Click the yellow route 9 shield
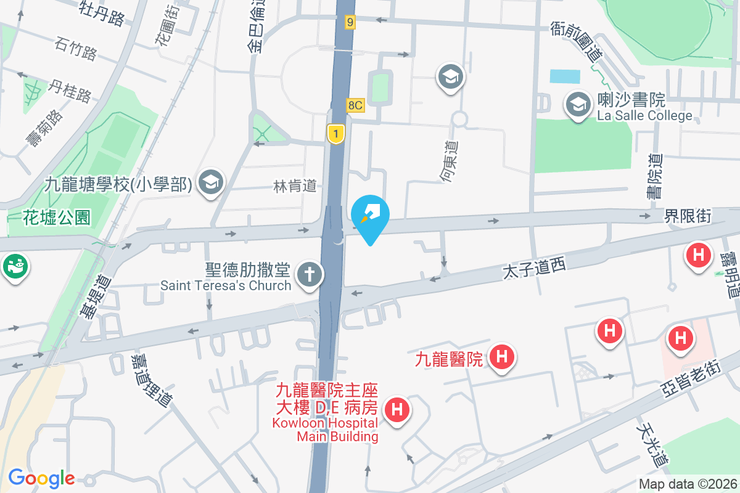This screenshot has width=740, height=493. point(350,22)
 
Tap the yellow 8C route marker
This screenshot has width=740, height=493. point(355,105)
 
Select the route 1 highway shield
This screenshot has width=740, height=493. point(335,134)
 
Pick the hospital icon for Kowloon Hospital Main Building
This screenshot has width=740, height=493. point(397,409)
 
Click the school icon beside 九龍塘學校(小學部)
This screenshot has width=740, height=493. point(212,182)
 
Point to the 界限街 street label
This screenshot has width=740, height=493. point(688,216)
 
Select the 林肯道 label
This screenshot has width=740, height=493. point(295,185)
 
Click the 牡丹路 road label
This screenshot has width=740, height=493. point(102,12)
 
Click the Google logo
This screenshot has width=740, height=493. point(41,478)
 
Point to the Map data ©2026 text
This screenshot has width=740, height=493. point(688,484)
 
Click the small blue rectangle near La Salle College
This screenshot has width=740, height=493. point(565,76)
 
